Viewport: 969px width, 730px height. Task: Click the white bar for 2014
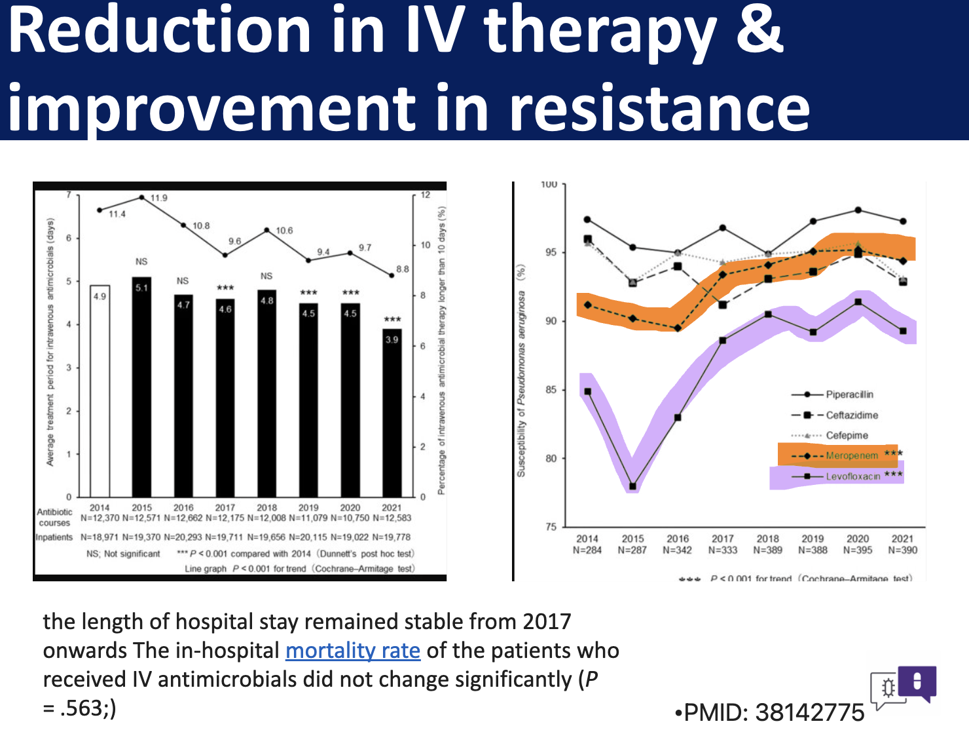[100, 391]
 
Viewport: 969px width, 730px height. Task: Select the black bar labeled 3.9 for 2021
[392, 413]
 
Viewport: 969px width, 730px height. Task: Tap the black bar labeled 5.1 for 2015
[141, 387]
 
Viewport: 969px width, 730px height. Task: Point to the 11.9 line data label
[158, 198]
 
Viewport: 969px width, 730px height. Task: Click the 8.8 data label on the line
[402, 269]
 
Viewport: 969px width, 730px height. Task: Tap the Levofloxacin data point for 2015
[633, 486]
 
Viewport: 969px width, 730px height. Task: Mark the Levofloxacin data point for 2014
[587, 392]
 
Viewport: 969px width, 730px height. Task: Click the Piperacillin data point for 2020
[858, 210]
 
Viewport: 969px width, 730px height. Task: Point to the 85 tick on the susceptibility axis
[551, 390]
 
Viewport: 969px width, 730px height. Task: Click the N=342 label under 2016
[678, 550]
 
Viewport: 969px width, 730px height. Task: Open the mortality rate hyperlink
[353, 651]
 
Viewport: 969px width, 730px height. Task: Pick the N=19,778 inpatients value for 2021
[392, 537]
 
